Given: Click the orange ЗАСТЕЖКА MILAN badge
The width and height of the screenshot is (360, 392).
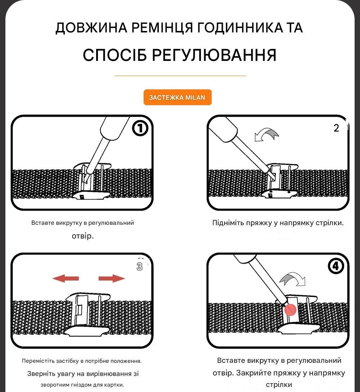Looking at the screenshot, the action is click(177, 97).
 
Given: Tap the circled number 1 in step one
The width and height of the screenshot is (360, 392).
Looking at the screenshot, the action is click(140, 128).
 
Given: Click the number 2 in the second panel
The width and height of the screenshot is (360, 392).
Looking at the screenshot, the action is click(336, 128).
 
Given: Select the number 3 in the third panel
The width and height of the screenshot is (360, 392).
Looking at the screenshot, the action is click(139, 267).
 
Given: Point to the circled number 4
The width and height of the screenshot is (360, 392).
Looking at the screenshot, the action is click(336, 266).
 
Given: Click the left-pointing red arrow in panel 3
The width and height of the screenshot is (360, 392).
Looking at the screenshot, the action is click(66, 278).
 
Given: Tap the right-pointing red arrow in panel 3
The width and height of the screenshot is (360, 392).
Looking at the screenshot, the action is click(112, 278).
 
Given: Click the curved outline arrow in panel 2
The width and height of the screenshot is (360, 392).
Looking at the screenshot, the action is click(266, 134).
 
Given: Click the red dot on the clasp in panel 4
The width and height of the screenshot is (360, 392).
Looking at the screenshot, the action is click(290, 310).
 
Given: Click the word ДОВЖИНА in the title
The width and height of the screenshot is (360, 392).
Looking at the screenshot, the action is click(91, 28).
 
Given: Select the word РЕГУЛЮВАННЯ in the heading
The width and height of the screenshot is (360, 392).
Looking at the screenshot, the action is click(214, 55).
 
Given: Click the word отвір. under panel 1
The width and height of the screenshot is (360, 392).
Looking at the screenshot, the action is click(83, 236).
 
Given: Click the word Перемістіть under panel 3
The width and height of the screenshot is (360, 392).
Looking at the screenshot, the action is click(38, 361).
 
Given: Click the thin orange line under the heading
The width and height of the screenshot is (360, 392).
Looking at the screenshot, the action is click(180, 76).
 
